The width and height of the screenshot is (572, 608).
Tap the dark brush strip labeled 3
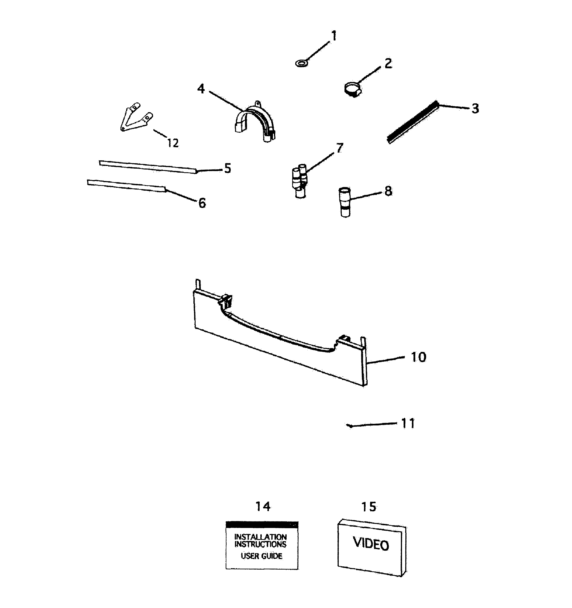413,123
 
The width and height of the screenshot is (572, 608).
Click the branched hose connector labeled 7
299,182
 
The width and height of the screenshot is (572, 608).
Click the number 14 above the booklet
263,507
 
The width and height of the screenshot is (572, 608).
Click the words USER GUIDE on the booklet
261,556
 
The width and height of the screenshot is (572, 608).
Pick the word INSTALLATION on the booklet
260,537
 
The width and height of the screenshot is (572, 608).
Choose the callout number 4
201,89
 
